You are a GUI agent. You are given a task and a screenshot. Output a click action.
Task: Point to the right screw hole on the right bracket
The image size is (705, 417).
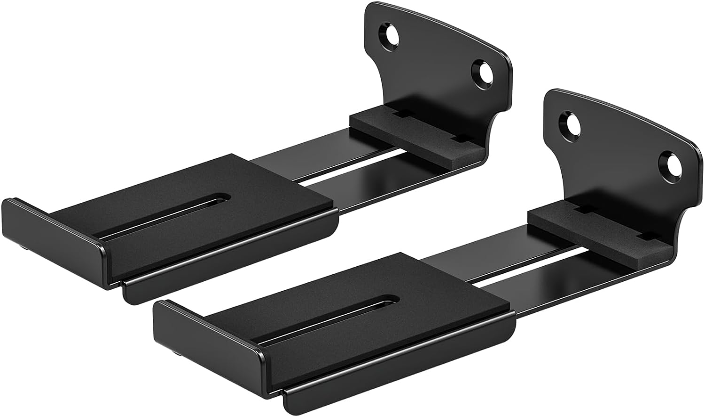[x=668, y=162]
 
